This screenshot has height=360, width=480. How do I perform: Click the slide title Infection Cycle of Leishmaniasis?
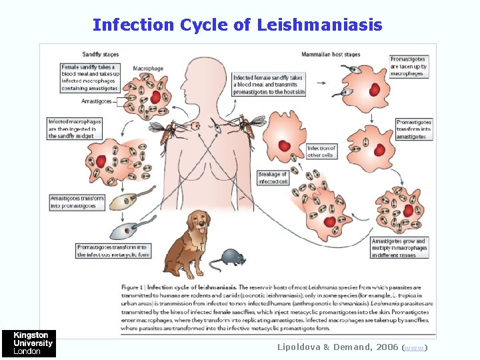tap(237, 25)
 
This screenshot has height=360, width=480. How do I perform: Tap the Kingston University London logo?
tap(29, 343)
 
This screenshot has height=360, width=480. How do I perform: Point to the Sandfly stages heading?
tap(102, 53)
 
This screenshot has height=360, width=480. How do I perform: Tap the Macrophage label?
tap(149, 68)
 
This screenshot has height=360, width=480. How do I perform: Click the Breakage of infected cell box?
tap(273, 177)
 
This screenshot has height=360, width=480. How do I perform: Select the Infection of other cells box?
tap(321, 151)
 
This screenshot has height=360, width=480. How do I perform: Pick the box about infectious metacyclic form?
tap(113, 251)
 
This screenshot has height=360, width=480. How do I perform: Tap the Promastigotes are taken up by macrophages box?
tap(408, 66)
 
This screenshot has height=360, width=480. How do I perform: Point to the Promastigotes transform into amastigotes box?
tap(414, 129)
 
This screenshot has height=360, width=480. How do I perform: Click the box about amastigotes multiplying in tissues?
tap(399, 248)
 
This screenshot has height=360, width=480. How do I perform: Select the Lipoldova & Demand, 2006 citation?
tap(339, 347)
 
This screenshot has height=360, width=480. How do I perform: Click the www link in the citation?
tap(416, 347)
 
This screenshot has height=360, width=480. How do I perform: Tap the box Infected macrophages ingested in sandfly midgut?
tap(75, 129)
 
